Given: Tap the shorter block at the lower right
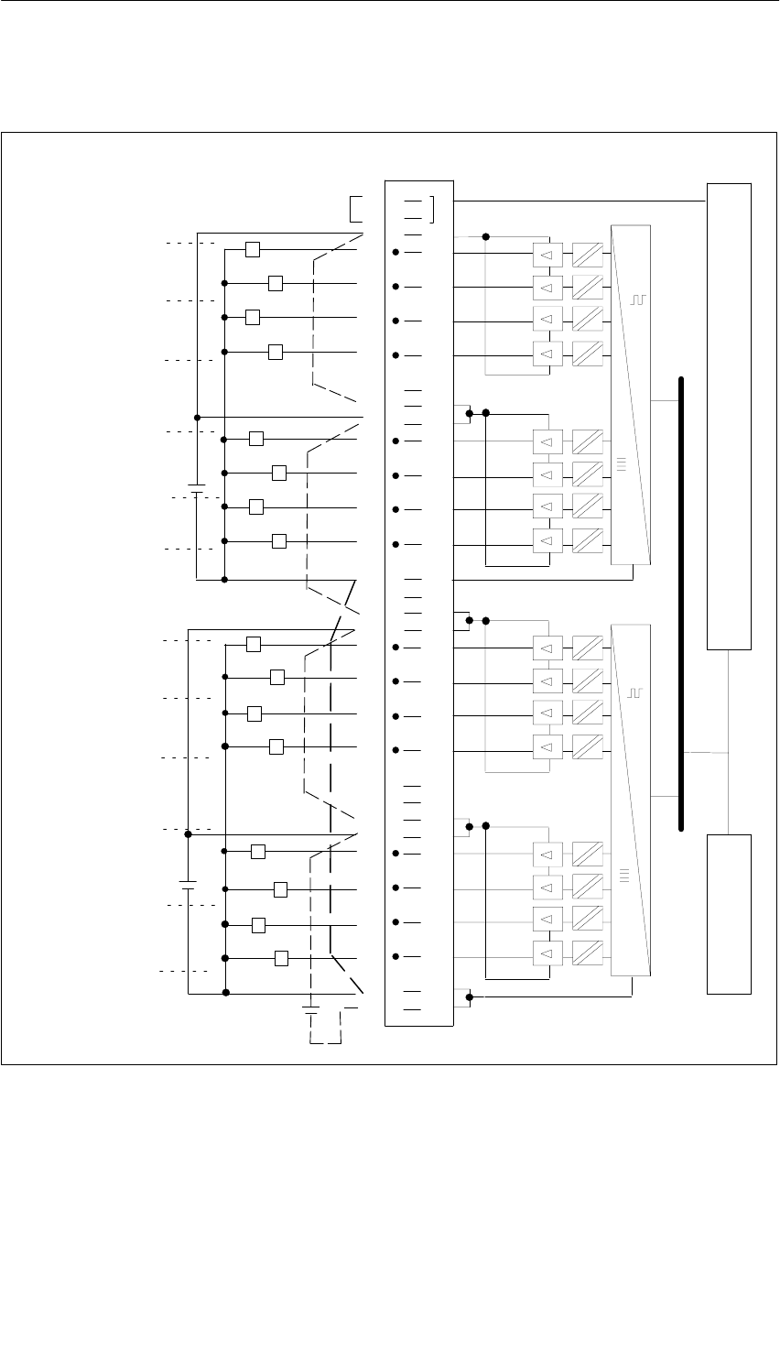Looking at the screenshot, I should point(729,914).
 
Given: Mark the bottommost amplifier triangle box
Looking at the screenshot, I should point(546,957).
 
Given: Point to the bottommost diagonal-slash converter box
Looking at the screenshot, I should point(588,957).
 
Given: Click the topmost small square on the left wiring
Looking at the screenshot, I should point(253,249).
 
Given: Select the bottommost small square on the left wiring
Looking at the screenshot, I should point(281,958).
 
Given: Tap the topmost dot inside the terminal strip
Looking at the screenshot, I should point(395,251).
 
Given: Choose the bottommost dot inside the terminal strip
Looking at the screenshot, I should point(395,956).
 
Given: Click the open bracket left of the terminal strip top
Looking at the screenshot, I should point(356,209).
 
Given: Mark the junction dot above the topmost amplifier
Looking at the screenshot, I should point(486,236).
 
